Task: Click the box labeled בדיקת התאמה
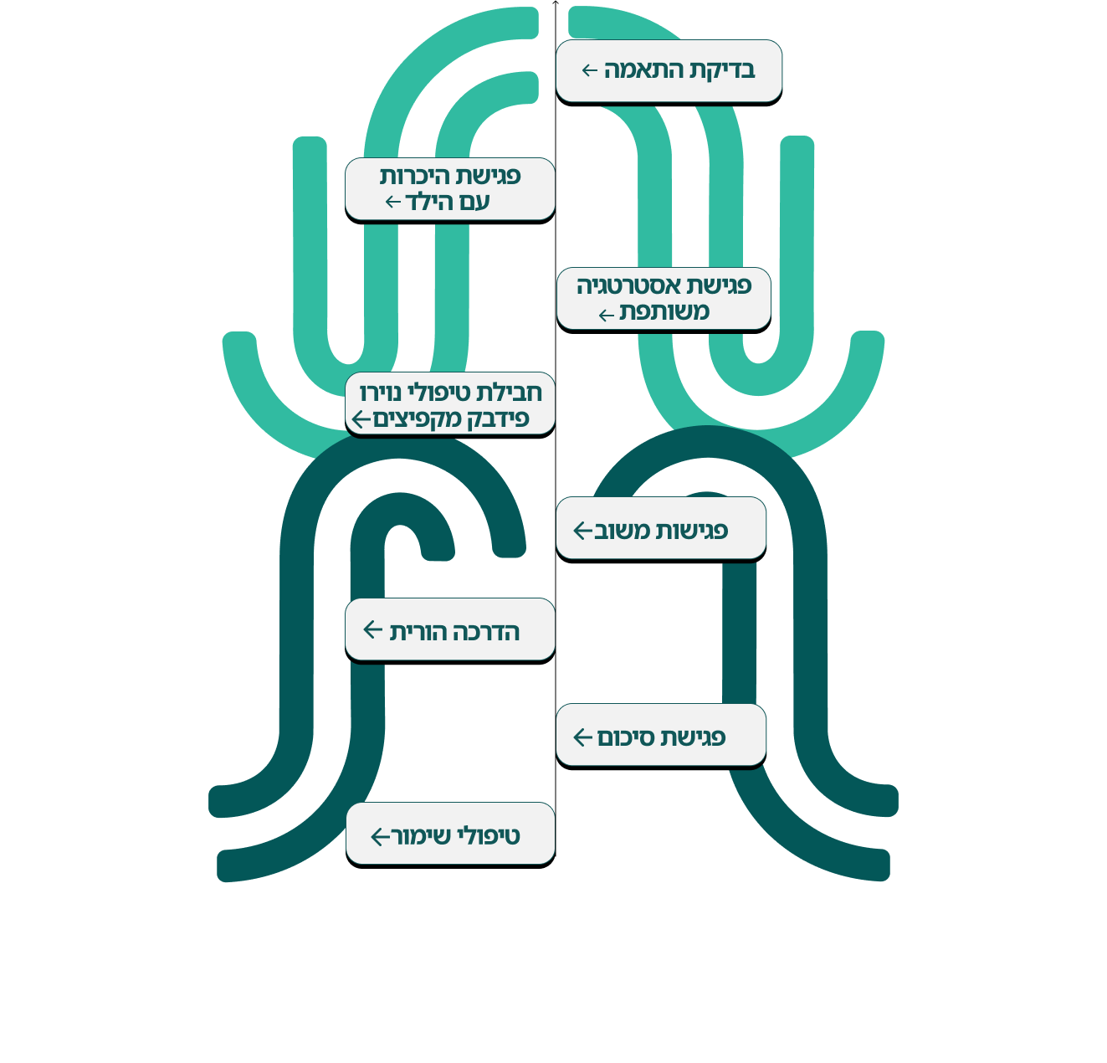click(669, 71)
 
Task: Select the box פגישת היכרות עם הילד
click(450, 189)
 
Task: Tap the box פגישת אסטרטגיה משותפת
click(664, 299)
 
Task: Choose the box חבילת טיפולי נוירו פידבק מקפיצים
click(450, 404)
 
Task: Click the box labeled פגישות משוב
click(661, 528)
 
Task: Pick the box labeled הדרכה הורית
click(450, 629)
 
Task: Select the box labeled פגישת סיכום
click(661, 735)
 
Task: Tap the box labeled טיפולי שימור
click(450, 834)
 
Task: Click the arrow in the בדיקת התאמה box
click(589, 70)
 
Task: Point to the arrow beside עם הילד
click(393, 202)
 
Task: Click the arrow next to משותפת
click(607, 316)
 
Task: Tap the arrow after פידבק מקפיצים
click(361, 419)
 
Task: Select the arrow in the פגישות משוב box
click(582, 530)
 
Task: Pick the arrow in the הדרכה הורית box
click(373, 629)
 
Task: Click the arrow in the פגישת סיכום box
click(582, 737)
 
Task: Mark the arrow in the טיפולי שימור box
click(380, 836)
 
